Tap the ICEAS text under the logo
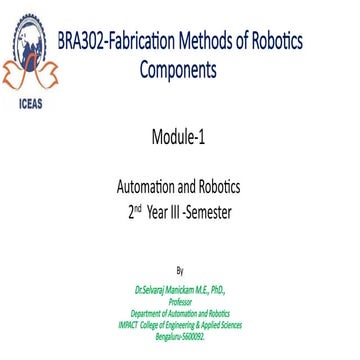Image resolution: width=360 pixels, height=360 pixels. pyautogui.click(x=30, y=110)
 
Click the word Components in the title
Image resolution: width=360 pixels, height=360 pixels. pyautogui.click(x=178, y=70)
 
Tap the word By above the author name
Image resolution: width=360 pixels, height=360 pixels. pyautogui.click(x=179, y=270)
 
